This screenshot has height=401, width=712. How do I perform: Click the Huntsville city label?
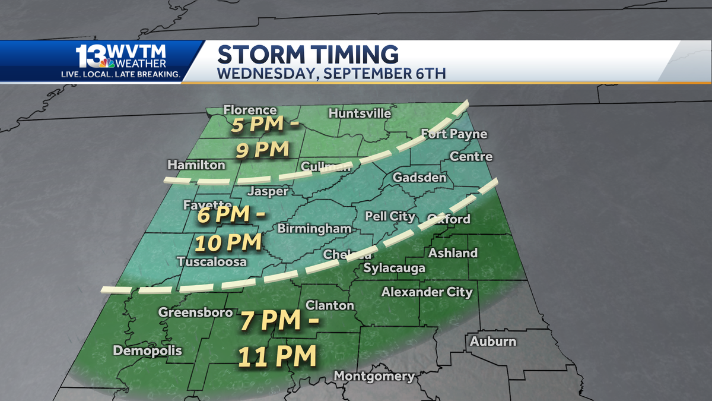click(x=360, y=113)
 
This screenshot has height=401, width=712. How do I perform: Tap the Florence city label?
click(x=250, y=110)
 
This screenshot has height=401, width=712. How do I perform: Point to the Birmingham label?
click(x=314, y=229)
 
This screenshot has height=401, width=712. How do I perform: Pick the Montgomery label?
click(x=374, y=376)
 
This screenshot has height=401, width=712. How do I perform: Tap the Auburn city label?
click(x=492, y=342)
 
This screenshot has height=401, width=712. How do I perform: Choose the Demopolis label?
click(x=148, y=351)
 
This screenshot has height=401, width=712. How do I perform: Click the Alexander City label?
click(x=427, y=292)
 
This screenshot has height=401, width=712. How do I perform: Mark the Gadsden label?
click(x=419, y=178)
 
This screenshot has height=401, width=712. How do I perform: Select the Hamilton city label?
click(x=196, y=165)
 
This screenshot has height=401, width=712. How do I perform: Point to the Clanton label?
click(x=329, y=305)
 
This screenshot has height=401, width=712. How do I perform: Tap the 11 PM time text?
click(x=276, y=356)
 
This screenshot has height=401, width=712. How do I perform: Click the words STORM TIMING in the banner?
click(x=308, y=54)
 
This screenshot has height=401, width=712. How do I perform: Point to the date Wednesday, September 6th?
click(x=331, y=74)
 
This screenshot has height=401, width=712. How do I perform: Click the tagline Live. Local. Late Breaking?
click(x=121, y=74)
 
